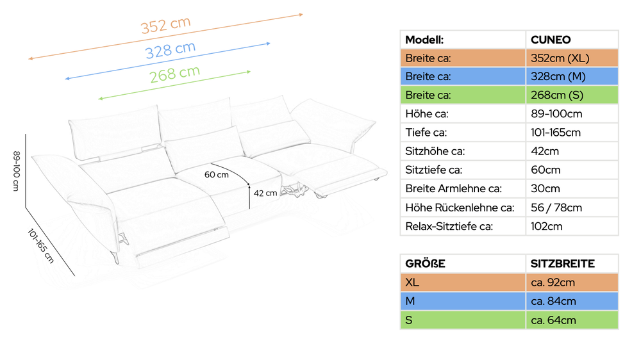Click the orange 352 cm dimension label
165,25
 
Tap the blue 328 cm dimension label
171,50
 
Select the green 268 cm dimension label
174,74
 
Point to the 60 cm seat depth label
216,174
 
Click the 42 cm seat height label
265,193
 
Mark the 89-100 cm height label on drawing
17,171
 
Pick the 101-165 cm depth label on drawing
40,245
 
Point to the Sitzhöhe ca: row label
435,151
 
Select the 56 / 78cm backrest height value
556,208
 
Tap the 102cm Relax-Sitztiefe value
547,226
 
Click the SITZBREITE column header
563,263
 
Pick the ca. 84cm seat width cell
554,301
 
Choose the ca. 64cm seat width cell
554,320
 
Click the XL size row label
412,282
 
